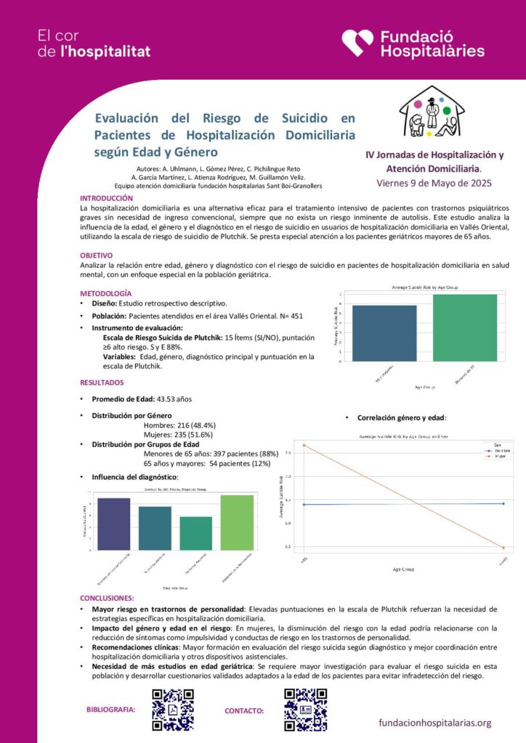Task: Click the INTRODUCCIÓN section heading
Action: (106, 198)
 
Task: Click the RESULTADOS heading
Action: (102, 382)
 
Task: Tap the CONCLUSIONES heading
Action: (110, 597)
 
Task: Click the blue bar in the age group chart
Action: (384, 332)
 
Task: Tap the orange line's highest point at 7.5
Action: (304, 445)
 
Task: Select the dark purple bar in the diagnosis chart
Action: (114, 523)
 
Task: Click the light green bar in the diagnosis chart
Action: (238, 522)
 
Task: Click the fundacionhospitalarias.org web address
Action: (435, 723)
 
